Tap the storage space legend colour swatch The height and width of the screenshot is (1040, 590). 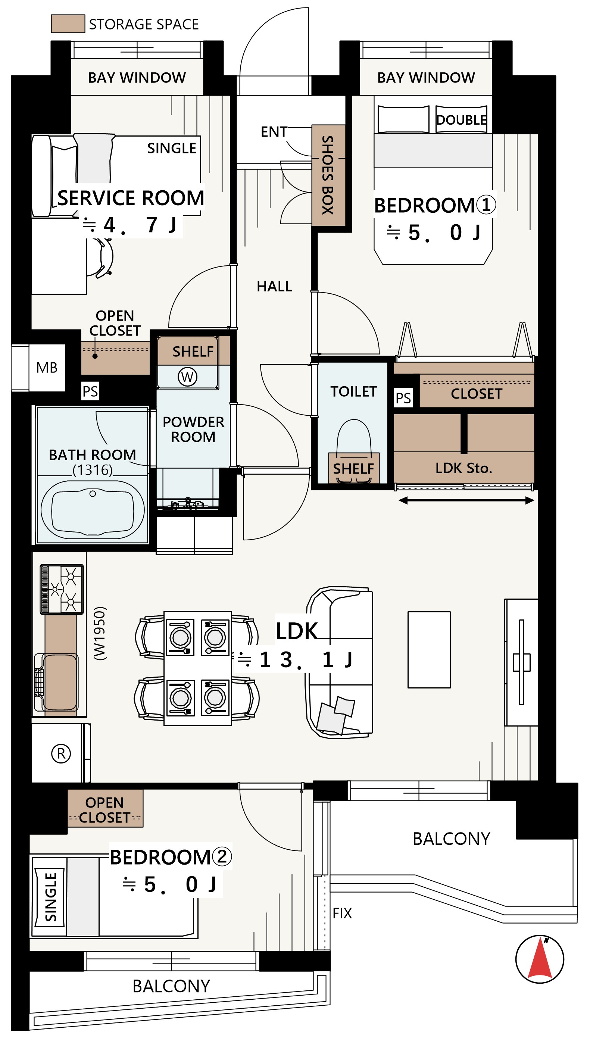pyautogui.click(x=68, y=24)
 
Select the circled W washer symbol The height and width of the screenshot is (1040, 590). pyautogui.click(x=187, y=377)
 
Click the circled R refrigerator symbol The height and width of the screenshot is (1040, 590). pyautogui.click(x=61, y=753)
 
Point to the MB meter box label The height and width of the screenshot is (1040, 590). pyautogui.click(x=47, y=368)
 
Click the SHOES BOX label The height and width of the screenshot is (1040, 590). pyautogui.click(x=327, y=175)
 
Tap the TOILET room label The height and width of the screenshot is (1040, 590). pyautogui.click(x=353, y=392)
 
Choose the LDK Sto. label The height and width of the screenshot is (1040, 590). pyautogui.click(x=463, y=468)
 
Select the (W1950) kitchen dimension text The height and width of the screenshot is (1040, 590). pyautogui.click(x=100, y=633)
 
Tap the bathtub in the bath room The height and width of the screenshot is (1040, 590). pyautogui.click(x=93, y=510)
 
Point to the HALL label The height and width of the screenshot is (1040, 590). pyautogui.click(x=274, y=287)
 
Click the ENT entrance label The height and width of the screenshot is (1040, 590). pyautogui.click(x=274, y=132)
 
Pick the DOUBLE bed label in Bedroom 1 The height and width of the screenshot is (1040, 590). pyautogui.click(x=461, y=120)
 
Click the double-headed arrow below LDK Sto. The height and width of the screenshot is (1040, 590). pyautogui.click(x=466, y=501)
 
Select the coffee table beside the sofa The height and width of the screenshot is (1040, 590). pyautogui.click(x=429, y=650)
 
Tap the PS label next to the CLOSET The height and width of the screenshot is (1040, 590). pyautogui.click(x=403, y=398)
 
